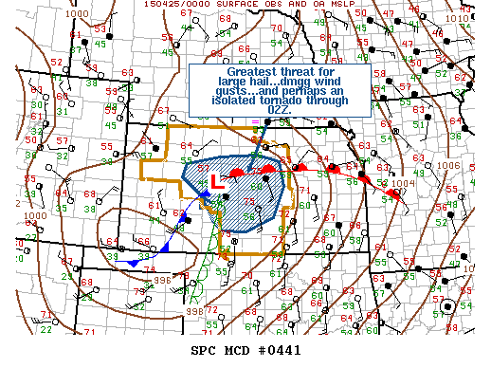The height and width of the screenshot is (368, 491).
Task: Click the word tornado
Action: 284,110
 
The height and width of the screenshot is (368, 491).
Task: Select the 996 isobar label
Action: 164,280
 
